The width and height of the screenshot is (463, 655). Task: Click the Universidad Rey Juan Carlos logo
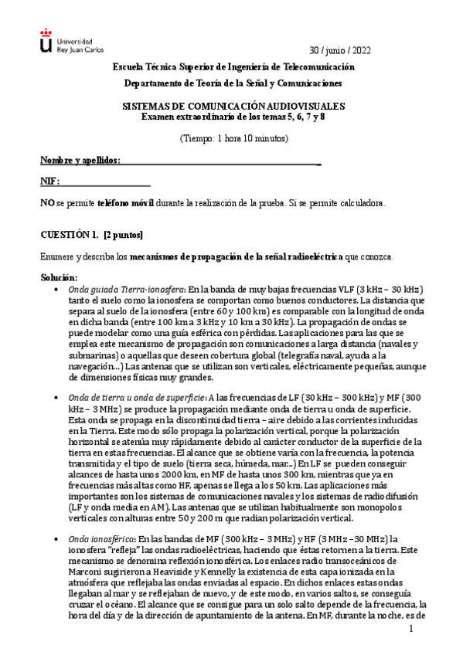pos(66,45)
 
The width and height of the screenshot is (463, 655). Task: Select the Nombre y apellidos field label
pos(80,160)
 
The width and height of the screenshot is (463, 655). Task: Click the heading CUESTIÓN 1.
pos(69,234)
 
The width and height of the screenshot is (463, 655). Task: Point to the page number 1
pos(413,630)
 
